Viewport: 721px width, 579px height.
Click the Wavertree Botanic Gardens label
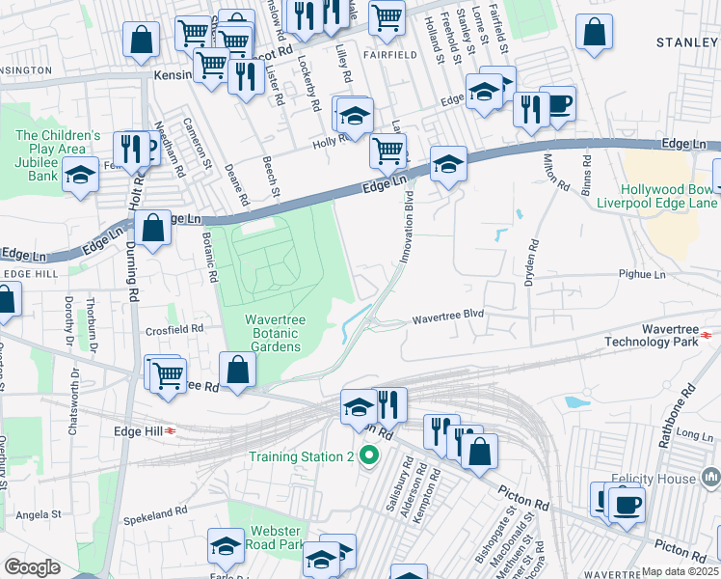coord(272,332)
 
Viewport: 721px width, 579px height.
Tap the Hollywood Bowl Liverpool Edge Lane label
coord(670,197)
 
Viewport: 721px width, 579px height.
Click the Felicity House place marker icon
coord(711,477)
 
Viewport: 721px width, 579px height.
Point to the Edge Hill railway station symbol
coord(172,430)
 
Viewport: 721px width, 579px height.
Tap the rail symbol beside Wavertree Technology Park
coord(707,334)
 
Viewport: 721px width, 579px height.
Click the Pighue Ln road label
coord(645,275)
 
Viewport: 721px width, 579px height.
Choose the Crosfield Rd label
coord(176,328)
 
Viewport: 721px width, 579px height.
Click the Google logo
coord(33,567)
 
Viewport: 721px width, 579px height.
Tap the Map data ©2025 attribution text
coord(680,571)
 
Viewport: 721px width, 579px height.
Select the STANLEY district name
coord(687,42)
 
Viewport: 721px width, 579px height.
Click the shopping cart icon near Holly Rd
coord(387,150)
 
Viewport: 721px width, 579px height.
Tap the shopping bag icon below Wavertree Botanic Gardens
coord(237,370)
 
